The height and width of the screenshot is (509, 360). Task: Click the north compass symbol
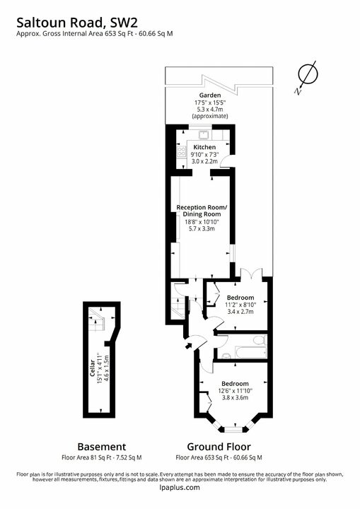306,76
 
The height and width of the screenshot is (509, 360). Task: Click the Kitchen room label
204,147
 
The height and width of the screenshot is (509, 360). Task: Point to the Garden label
209,95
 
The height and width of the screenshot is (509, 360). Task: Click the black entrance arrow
186,346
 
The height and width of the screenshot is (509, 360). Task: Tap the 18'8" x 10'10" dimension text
202,221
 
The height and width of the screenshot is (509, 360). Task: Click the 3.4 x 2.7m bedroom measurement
240,311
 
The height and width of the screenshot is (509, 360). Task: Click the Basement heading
102,447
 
